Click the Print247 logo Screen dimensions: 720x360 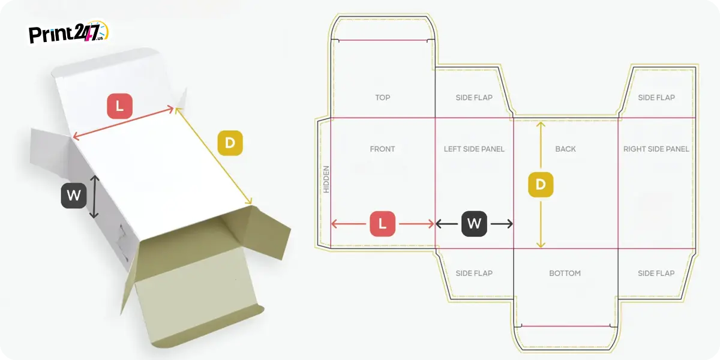pos(68,32)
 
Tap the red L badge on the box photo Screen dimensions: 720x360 pos(119,106)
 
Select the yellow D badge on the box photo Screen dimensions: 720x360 pos(230,143)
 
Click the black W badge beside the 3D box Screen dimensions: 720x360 pos(74,196)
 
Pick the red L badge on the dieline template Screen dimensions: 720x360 pos(383,224)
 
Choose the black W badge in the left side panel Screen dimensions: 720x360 pos(474,224)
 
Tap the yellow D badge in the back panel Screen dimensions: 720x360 pos(541,185)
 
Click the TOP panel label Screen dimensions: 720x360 pos(383,97)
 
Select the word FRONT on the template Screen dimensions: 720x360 pos(383,149)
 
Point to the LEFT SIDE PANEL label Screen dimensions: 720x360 pos(474,149)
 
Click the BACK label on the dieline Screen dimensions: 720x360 pos(565,149)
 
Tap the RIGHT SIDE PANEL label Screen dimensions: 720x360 pos(656,149)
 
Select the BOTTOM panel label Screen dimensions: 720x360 pos(565,273)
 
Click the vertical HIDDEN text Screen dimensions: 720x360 pos(326,179)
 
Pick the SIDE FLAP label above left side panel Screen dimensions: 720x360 pos(474,97)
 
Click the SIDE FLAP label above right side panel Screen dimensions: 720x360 pos(656,97)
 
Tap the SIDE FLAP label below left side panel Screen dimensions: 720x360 pos(474,273)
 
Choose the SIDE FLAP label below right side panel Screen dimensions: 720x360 pos(656,273)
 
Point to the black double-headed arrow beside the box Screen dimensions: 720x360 pos(94,197)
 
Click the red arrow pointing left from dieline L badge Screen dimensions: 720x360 pos(349,224)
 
